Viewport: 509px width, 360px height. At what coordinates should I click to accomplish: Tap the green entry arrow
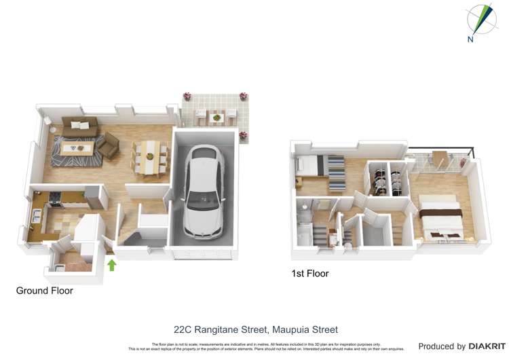click(x=112, y=264)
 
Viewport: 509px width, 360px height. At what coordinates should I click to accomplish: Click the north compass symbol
click(x=480, y=20)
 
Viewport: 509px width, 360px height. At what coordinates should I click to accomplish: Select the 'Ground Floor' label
click(x=45, y=291)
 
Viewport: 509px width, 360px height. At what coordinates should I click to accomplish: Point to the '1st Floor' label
click(x=309, y=274)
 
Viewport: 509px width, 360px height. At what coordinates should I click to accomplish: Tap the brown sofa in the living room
click(x=80, y=124)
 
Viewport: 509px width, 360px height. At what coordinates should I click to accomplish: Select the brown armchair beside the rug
click(x=109, y=144)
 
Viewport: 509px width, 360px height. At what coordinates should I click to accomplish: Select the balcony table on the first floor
click(x=440, y=158)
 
